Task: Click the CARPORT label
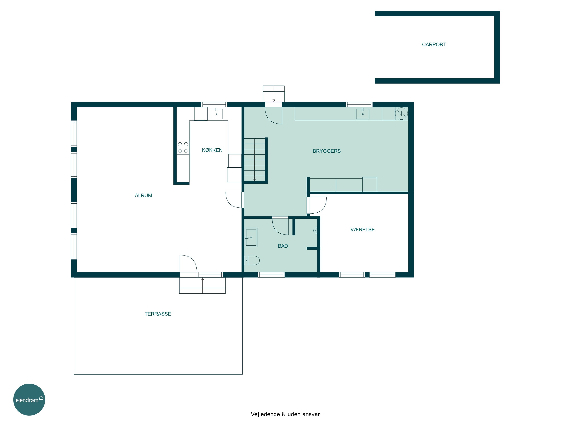tap(434, 44)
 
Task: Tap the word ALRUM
tap(143, 195)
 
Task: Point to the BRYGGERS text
tap(327, 151)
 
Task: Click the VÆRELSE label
tap(362, 229)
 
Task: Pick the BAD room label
tap(283, 246)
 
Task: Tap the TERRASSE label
tap(158, 314)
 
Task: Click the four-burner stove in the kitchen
tap(183, 148)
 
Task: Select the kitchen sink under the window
tap(216, 114)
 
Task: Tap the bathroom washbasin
tap(251, 237)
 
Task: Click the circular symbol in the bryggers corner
tap(401, 113)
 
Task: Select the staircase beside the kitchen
tap(254, 160)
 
